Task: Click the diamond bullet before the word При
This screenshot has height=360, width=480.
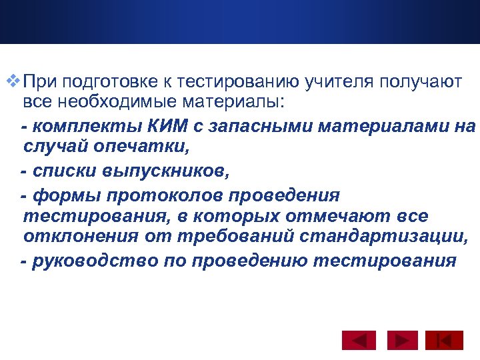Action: point(14,82)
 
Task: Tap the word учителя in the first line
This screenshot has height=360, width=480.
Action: point(339,82)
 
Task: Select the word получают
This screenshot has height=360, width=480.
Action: point(421,82)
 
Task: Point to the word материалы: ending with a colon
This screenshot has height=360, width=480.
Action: point(231,102)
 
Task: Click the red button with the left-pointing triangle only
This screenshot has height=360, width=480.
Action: point(359,340)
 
